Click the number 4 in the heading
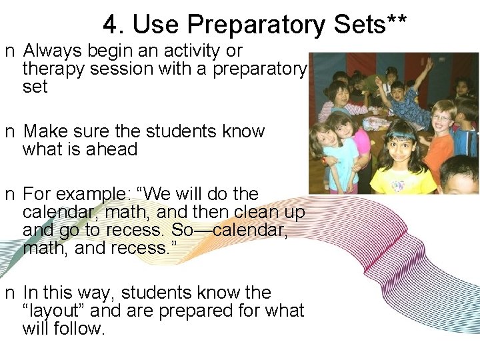coord(110,25)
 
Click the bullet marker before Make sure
coord(9,132)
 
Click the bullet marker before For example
coord(9,195)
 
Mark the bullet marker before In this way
coord(9,293)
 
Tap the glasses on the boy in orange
coord(441,119)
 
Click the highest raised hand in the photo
coord(428,65)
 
